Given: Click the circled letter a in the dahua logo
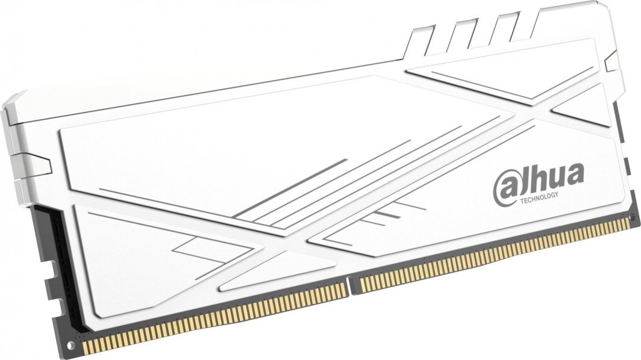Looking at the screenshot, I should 505,187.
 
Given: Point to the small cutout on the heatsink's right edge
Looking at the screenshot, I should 610,60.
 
